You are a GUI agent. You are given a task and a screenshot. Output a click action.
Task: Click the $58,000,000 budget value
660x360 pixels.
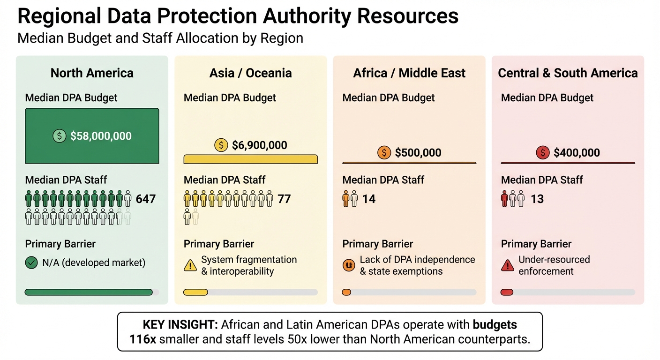point(101,136)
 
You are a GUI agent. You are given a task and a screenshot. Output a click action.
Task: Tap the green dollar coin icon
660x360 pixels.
point(59,136)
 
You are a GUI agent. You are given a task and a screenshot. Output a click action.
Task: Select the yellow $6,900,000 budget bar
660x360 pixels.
point(250,159)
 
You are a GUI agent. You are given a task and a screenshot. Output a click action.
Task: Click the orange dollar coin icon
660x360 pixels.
point(384,153)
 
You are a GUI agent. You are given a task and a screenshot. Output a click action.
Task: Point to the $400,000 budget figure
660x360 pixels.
point(577,153)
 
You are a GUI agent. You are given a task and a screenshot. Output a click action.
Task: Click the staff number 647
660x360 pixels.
point(145,199)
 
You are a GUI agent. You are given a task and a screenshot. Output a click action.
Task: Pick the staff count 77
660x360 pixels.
point(284,199)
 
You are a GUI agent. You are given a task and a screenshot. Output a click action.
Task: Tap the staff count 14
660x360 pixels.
point(369,199)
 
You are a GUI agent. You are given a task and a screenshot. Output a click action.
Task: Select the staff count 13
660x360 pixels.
point(537,199)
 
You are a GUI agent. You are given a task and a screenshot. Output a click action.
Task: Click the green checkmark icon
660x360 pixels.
point(31,263)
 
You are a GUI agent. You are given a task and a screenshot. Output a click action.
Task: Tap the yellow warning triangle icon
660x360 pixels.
point(190,266)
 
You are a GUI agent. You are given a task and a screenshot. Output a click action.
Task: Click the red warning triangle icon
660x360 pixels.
point(507,266)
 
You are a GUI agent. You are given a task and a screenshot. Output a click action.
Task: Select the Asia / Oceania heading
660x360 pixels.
point(250,73)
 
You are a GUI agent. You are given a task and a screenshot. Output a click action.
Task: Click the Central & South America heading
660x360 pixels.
point(568,73)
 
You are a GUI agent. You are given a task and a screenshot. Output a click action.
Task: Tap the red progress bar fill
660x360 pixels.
point(507,292)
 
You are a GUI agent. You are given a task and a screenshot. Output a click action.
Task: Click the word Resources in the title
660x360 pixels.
point(407,16)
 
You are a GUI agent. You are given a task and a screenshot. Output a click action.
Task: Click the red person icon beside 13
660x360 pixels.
point(505,199)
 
